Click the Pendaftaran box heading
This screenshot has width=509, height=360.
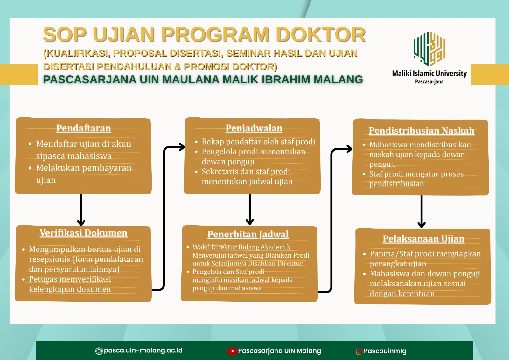83,128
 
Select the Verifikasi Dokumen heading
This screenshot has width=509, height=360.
83,233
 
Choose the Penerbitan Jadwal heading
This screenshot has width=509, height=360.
248,235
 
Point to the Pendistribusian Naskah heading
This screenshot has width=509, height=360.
422,131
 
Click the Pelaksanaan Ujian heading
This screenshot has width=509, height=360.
423,239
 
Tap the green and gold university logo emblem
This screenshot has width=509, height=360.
429,49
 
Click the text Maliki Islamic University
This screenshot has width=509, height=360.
429,74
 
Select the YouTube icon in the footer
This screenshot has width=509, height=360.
232,351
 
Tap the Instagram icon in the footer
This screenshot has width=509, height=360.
359,351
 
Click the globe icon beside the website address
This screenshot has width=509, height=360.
99,351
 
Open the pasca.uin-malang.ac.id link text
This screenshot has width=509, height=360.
143,350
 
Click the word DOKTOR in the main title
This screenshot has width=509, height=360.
321,35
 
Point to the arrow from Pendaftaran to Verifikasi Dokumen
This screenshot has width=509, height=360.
81,210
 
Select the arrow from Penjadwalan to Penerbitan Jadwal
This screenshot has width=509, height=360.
250,209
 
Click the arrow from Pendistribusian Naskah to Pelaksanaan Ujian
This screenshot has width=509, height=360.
422,212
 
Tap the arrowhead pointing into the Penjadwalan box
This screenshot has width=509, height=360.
182,147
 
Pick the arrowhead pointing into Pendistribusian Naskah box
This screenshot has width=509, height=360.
350,149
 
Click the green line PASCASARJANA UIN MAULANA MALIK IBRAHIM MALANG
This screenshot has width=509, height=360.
203,79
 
